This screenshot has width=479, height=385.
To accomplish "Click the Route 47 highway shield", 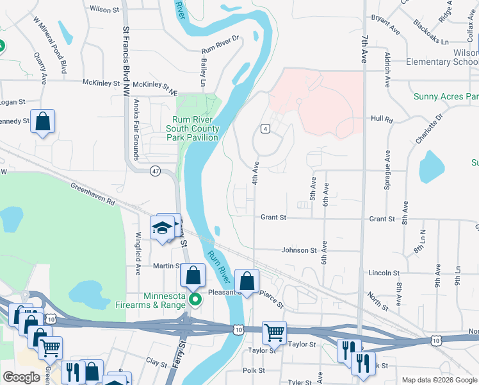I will click(156, 171).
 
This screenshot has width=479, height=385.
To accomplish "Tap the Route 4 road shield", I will click(264, 129).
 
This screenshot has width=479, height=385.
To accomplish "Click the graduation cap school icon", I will click(163, 228).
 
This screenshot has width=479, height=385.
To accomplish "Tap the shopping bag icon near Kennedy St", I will click(42, 121).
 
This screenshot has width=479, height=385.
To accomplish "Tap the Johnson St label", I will click(300, 250).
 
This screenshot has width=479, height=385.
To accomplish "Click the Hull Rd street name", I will click(380, 119).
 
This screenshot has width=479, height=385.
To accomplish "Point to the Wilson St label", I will click(105, 10).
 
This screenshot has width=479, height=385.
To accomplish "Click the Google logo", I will click(21, 377).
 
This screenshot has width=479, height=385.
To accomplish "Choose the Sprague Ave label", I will click(387, 172).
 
